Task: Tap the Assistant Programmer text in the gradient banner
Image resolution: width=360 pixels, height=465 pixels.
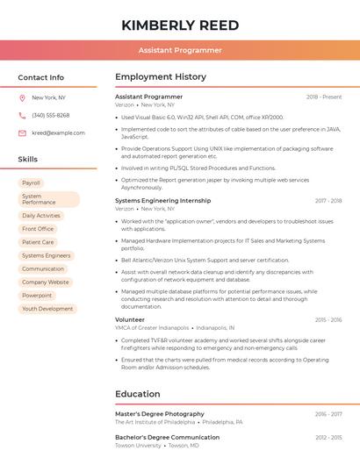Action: click(x=180, y=50)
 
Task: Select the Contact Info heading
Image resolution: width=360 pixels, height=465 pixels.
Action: click(x=41, y=77)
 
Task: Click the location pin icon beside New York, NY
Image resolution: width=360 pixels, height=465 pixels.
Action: click(x=22, y=97)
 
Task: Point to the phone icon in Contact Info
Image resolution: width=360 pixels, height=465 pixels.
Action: click(x=22, y=115)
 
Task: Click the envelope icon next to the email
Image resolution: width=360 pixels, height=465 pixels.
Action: click(x=22, y=132)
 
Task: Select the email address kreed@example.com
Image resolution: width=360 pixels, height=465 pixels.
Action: click(x=58, y=132)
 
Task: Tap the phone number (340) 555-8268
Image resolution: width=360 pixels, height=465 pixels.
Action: click(x=51, y=115)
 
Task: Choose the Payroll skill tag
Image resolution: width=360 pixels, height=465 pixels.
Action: click(x=31, y=182)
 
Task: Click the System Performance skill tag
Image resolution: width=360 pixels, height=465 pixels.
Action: click(x=48, y=199)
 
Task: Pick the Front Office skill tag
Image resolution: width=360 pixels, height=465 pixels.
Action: click(x=38, y=229)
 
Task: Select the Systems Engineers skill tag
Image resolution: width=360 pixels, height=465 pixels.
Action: click(x=46, y=255)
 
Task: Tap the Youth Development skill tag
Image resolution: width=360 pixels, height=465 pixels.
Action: click(x=47, y=309)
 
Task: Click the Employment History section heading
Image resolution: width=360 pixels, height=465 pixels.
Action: click(x=161, y=77)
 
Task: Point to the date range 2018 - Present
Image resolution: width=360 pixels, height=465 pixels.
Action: click(x=324, y=97)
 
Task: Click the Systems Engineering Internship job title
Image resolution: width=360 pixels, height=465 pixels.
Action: click(x=163, y=200)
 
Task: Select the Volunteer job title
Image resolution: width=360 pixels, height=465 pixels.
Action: click(x=130, y=319)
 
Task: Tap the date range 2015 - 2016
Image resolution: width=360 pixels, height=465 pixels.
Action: click(x=328, y=319)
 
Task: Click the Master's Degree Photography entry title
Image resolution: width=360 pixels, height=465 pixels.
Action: click(x=160, y=413)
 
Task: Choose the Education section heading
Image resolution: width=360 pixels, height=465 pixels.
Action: click(x=138, y=394)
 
